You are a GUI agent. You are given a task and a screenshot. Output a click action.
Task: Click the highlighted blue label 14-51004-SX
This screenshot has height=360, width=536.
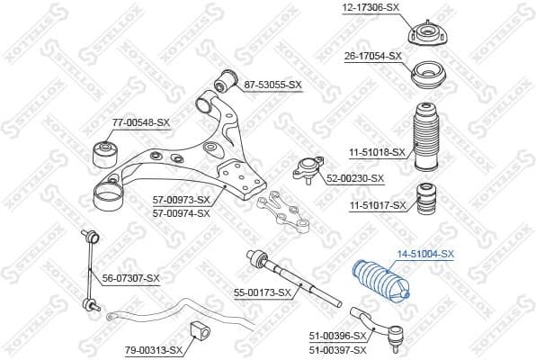[x=425, y=255]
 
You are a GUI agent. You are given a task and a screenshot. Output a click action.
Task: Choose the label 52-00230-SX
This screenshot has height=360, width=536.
[x=353, y=177]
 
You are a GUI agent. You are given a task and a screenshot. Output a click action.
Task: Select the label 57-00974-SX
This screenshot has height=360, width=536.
[x=181, y=212]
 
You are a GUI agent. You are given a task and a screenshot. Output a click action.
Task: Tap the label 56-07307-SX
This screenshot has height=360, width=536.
[x=130, y=278]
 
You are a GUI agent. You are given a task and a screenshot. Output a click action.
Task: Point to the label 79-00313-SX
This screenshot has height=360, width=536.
[x=153, y=350]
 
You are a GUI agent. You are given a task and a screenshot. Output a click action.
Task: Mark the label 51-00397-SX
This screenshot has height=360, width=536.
[x=338, y=347]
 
